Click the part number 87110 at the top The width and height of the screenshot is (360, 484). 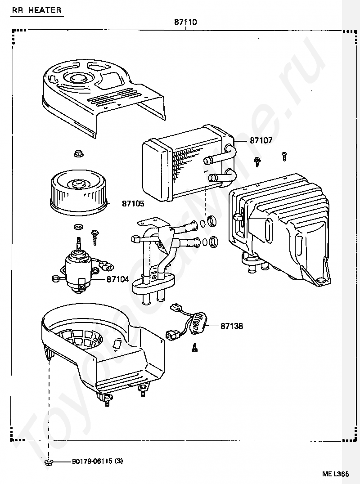[x=185, y=22]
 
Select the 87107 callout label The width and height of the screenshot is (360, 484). [x=261, y=141]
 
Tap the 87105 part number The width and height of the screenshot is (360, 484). [x=133, y=204]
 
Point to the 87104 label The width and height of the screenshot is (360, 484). [x=118, y=279]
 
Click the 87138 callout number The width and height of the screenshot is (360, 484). [x=232, y=326]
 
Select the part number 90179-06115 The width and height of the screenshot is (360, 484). [x=92, y=462]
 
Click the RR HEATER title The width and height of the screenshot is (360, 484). [x=37, y=10]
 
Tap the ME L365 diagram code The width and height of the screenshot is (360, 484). [x=335, y=474]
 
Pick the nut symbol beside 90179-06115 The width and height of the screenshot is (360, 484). [x=48, y=462]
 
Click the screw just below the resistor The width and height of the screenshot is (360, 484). [x=195, y=347]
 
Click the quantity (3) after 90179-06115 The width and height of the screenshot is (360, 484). [x=119, y=462]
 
